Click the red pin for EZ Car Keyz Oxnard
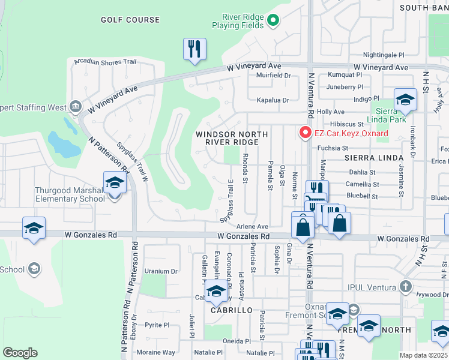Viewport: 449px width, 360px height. tap(305, 133)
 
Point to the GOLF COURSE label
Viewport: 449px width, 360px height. tap(130, 20)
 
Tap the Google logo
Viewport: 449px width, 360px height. tap(20, 353)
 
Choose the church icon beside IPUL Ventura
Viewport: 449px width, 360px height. tap(406, 287)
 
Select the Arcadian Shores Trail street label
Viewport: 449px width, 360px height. tap(106, 61)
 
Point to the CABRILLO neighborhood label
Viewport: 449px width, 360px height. tap(231, 310)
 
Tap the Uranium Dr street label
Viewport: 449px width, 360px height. tap(161, 271)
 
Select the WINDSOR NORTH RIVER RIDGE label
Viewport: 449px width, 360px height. tap(227, 138)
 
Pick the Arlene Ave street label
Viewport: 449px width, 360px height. tap(252, 226)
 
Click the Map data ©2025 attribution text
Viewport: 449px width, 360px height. tap(424, 355)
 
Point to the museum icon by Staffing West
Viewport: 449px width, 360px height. tap(75, 107)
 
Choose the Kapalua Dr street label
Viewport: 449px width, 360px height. tap(273, 100)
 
